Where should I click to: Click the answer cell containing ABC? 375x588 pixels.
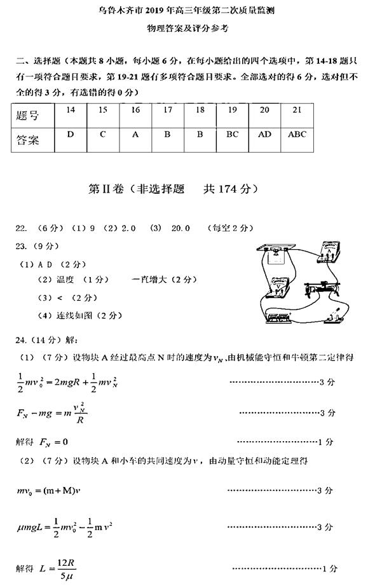coord(297,135)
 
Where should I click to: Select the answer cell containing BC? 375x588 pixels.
coord(232,135)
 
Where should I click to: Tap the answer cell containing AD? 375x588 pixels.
coord(264,135)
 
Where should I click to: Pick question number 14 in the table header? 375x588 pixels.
coord(71,111)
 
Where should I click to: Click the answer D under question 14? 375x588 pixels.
coord(71,135)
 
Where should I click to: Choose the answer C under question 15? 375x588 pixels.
coord(102,135)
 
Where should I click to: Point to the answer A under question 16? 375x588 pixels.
coord(135,135)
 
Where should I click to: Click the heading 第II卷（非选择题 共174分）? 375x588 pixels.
coord(172,189)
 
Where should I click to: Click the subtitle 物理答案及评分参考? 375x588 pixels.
coord(187,28)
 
